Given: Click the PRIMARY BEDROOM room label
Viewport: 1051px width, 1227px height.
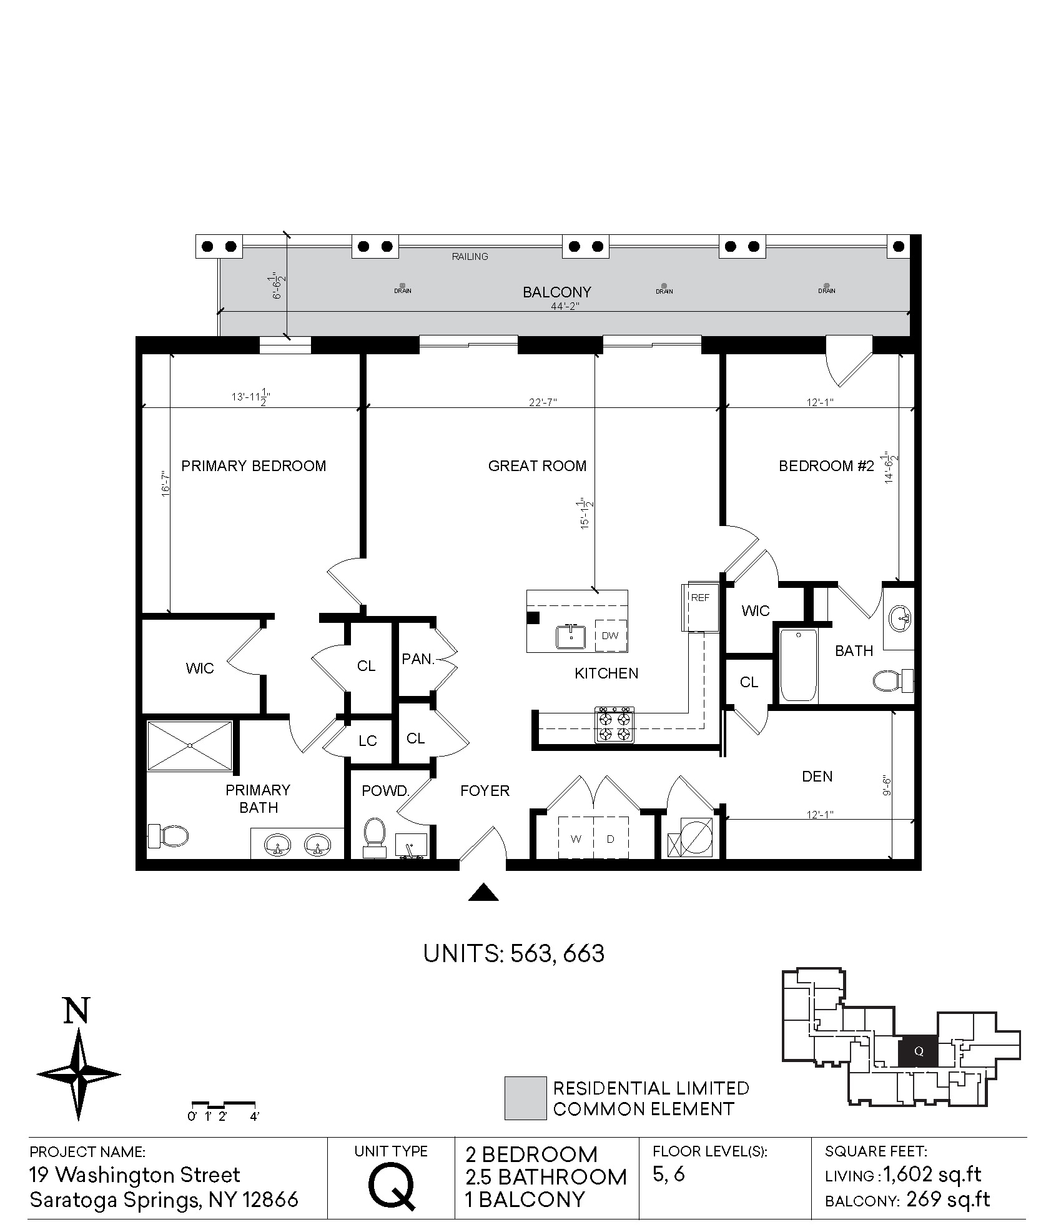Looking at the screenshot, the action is pos(254,466).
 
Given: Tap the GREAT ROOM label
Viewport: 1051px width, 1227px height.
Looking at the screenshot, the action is pos(538,466).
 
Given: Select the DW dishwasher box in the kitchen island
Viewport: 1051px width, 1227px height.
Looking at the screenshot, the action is pos(610,635).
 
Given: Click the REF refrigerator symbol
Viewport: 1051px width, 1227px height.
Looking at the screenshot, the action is pos(701,607).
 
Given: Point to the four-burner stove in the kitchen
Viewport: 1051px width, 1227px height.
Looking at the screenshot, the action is pos(614,725).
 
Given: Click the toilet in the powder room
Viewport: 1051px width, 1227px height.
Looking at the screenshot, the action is pos(374,837).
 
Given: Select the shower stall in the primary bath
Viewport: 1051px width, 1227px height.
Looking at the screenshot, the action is pos(190,746).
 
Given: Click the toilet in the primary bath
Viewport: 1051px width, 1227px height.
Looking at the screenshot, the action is pos(168,835).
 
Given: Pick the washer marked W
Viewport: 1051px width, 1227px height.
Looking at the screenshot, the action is pos(576,839).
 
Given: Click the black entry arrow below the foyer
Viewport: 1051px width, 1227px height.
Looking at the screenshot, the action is pos(483,892).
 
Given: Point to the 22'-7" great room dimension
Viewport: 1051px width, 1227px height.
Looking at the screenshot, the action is pos(542,402).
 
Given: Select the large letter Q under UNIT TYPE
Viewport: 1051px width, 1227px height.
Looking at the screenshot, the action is pos(392,1186).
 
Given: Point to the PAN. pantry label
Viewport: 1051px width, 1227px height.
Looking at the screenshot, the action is pos(418,658).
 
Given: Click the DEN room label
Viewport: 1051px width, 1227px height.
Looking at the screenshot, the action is pos(817,776).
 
